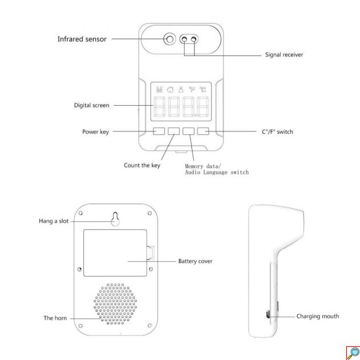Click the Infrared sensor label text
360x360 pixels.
[x=82, y=39]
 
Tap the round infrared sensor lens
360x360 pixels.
[x=170, y=39]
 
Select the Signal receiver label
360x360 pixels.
[x=284, y=55]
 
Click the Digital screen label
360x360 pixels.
[x=91, y=105]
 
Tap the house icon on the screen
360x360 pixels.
[x=170, y=89]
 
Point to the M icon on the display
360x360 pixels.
[x=159, y=89]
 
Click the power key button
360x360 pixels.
[x=159, y=131]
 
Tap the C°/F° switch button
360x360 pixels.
[x=203, y=131]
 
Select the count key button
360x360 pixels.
[x=174, y=131]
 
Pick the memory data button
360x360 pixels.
[x=189, y=131]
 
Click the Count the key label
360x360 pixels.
[x=142, y=165]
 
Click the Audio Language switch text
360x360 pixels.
[x=217, y=173]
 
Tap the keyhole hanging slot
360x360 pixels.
[x=115, y=219]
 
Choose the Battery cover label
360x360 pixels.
[x=195, y=261]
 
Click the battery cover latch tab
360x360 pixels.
[x=150, y=253]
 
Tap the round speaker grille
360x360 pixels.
[x=115, y=304]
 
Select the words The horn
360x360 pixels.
[x=55, y=318]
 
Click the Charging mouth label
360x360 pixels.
[x=318, y=317]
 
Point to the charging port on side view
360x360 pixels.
[x=267, y=314]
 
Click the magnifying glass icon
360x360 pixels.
[x=353, y=353]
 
